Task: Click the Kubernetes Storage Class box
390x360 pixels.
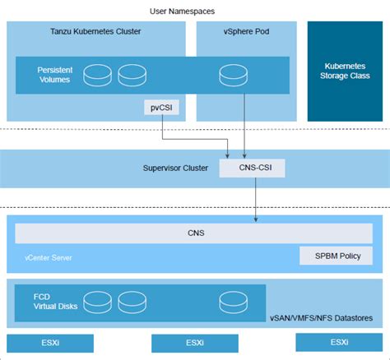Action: [x=345, y=70]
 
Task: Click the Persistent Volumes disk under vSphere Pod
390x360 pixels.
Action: [x=233, y=76]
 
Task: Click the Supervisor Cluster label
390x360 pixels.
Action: [x=175, y=168]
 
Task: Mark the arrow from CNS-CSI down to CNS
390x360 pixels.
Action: [x=257, y=201]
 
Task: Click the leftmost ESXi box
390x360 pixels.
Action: [x=50, y=343]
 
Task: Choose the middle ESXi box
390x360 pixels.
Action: [x=195, y=343]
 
